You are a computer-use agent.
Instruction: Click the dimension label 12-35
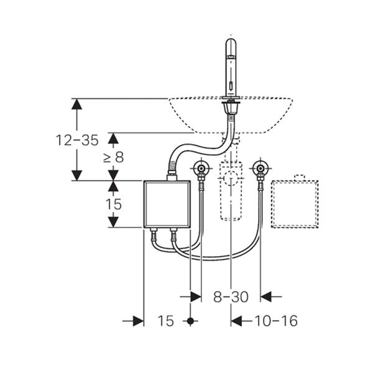point(76,140)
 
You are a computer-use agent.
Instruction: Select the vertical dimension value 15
point(113,204)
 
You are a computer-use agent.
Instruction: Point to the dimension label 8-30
point(231,297)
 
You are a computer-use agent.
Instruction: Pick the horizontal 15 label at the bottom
point(165,321)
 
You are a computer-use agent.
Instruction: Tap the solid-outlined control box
point(167,204)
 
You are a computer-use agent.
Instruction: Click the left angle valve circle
point(200,168)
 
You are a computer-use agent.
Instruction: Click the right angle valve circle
point(260,168)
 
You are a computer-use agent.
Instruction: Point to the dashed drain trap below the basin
point(231,186)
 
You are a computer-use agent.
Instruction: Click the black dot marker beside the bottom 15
point(191,321)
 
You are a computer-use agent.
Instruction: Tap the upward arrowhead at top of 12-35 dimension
point(76,104)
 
